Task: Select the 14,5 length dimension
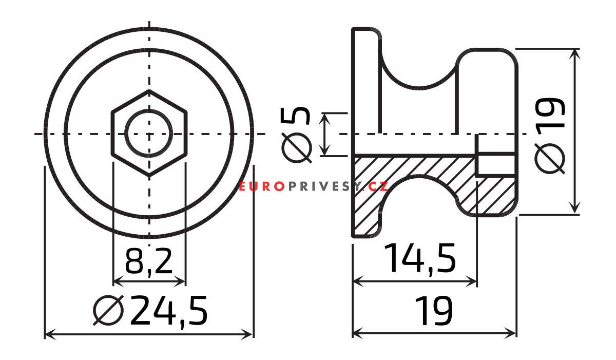pos(420,258)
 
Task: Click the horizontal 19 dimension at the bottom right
pos(434,310)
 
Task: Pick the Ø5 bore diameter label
pos(297,135)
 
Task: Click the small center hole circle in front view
pos(149,134)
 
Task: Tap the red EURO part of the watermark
pos(261,186)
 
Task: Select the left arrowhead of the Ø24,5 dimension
pos(49,335)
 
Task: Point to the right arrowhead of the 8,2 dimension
pos(181,281)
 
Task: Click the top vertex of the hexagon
pos(149,91)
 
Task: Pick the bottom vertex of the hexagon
pos(149,177)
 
